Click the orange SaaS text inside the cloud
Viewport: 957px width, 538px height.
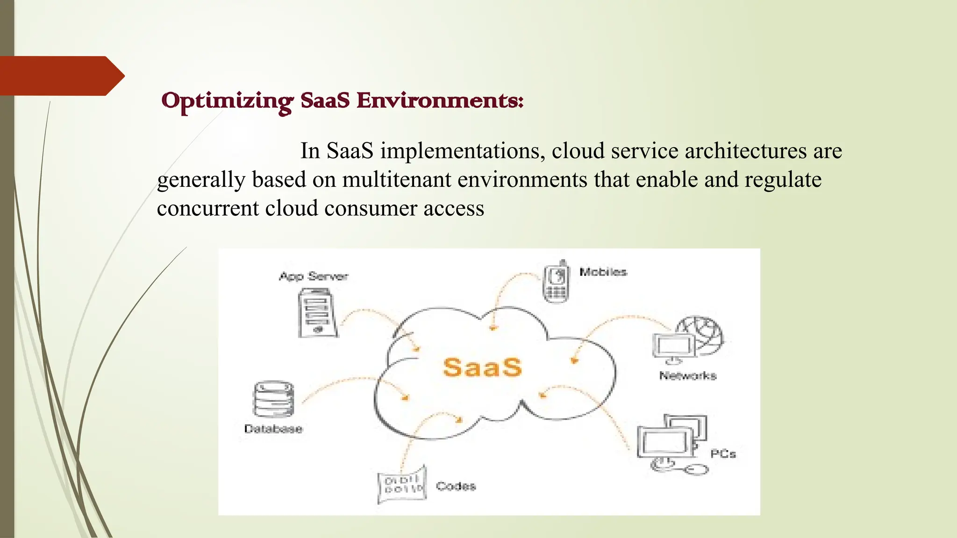(482, 367)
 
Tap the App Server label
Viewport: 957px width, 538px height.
(314, 276)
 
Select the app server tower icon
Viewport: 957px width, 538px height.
(318, 312)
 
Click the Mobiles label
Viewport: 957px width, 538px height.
(603, 272)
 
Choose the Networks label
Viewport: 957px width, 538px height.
(687, 375)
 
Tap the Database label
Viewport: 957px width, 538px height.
(273, 429)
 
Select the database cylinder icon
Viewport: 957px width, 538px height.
(274, 399)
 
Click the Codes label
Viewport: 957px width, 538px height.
(456, 486)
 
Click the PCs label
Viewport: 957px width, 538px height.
(723, 453)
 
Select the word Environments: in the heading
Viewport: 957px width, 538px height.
(440, 101)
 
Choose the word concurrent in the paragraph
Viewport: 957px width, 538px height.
(207, 208)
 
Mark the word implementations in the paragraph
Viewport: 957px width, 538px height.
(462, 151)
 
